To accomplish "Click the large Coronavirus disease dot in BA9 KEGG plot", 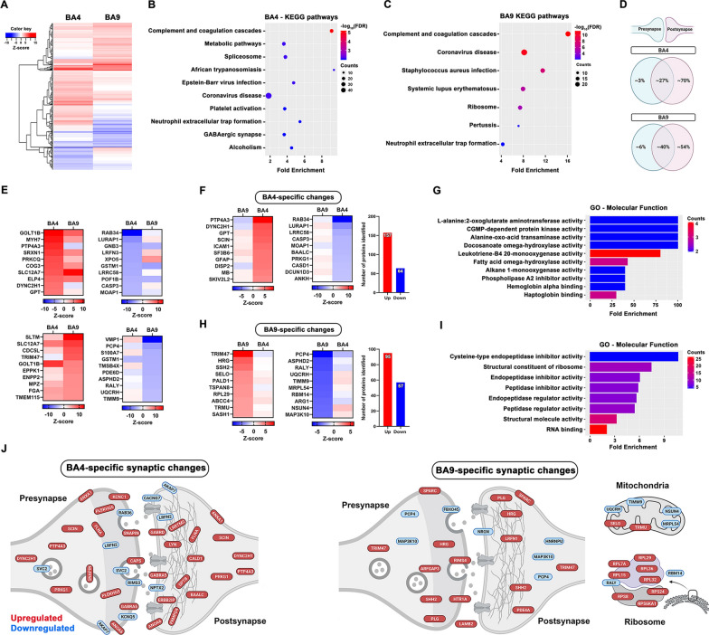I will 525,52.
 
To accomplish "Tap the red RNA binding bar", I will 597,426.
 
